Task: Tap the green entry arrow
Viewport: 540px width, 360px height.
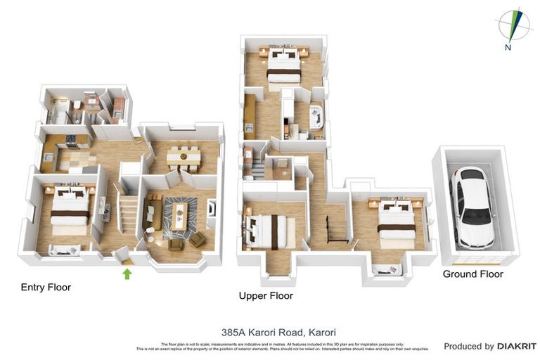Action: [127, 273]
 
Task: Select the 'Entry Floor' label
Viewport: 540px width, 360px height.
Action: [46, 287]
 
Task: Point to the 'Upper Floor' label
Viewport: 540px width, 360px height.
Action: [266, 296]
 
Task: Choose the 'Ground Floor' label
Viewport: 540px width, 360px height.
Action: [472, 274]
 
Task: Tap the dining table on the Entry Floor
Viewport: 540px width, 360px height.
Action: [184, 157]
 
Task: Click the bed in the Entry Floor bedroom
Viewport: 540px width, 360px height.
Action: [70, 209]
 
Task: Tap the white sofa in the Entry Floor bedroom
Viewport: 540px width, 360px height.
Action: [65, 249]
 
